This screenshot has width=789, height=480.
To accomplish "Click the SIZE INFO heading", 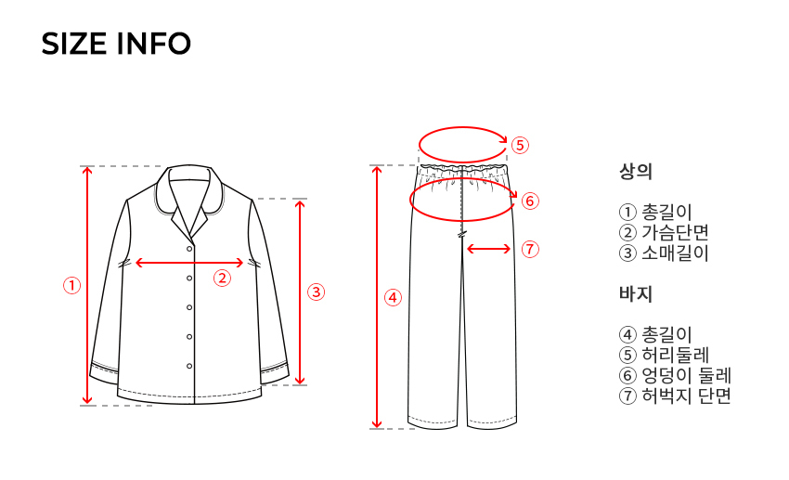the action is pyautogui.click(x=116, y=44).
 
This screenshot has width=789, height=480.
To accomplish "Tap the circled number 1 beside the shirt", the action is pyautogui.click(x=72, y=286).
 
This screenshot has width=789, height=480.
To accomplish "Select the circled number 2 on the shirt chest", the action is pyautogui.click(x=222, y=278).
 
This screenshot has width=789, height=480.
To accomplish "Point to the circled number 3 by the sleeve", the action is pyautogui.click(x=316, y=292).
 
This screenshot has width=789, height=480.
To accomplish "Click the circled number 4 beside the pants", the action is pyautogui.click(x=393, y=297).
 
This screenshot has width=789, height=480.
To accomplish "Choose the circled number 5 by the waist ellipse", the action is pyautogui.click(x=521, y=146).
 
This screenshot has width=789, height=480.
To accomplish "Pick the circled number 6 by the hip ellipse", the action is pyautogui.click(x=530, y=201).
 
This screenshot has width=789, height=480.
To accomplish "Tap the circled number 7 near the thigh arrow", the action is pyautogui.click(x=530, y=249).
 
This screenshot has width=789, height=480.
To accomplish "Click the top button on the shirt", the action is pyautogui.click(x=189, y=249).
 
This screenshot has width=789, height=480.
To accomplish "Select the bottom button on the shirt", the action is pyautogui.click(x=189, y=366).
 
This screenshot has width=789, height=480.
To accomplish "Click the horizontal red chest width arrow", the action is pyautogui.click(x=189, y=263).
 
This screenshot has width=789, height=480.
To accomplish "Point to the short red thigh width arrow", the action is pyautogui.click(x=488, y=249).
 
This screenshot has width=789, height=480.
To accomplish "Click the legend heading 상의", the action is pyautogui.click(x=636, y=172).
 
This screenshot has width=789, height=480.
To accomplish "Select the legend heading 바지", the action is pyautogui.click(x=636, y=293).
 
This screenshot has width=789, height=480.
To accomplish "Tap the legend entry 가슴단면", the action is pyautogui.click(x=675, y=232).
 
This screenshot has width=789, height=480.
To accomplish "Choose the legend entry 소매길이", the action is pyautogui.click(x=675, y=253).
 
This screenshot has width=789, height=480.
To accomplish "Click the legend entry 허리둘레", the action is pyautogui.click(x=675, y=356).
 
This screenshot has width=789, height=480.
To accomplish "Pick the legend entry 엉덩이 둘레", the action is pyautogui.click(x=686, y=376).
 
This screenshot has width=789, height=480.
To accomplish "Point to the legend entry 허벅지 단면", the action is pyautogui.click(x=686, y=396).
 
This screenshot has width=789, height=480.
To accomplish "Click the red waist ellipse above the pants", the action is pyautogui.click(x=463, y=127).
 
